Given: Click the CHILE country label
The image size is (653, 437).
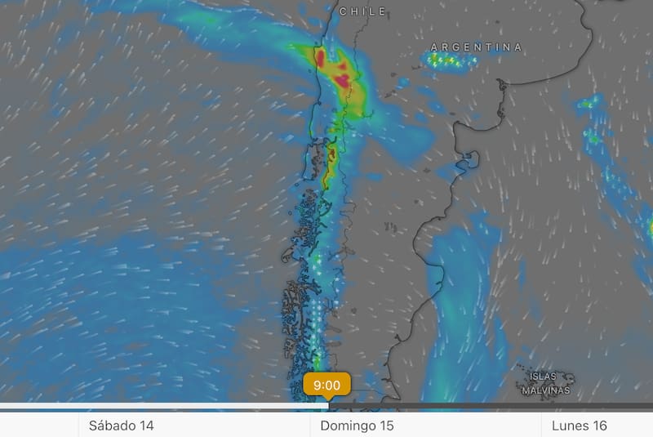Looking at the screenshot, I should (x=362, y=11).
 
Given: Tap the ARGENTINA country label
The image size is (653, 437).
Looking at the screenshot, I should (x=476, y=47).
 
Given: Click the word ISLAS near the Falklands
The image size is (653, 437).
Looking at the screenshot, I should (x=543, y=377).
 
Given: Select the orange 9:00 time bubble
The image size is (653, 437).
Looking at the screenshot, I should (x=326, y=384).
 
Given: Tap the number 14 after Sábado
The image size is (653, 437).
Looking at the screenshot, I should (x=146, y=426).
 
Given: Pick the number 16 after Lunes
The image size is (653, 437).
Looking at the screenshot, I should (x=600, y=426).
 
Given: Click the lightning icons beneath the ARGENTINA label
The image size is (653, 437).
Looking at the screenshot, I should (x=453, y=61).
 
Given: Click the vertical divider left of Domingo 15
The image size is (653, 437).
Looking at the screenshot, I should (x=310, y=425).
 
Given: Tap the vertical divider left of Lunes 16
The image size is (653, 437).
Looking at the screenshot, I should (x=541, y=425).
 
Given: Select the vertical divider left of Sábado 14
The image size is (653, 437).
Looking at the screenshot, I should (x=78, y=425).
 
